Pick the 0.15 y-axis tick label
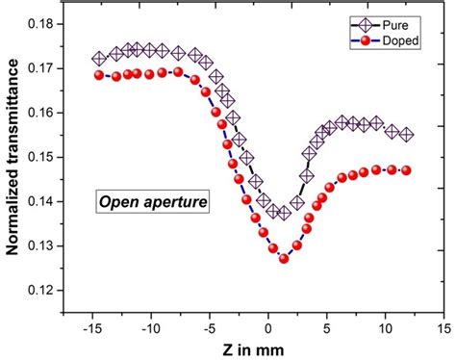[x=40, y=157]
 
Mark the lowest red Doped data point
[x=284, y=258]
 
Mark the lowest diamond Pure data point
[x=283, y=214]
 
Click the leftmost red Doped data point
[x=99, y=75]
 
